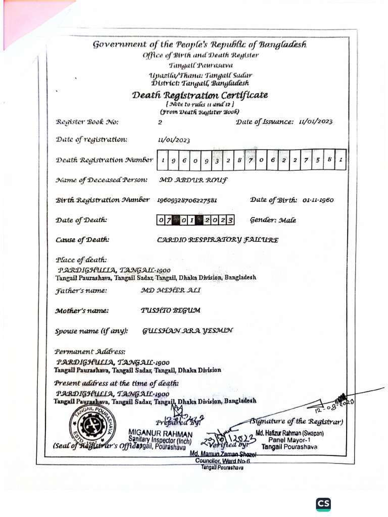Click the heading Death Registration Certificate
pos(200,95)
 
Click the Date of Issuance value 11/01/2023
pos(316,122)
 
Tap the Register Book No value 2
pos(160,122)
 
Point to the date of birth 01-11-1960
pos(318,200)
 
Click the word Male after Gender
pos(286,220)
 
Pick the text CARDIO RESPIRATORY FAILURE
pos(218,240)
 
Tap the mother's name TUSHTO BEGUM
pos(167,311)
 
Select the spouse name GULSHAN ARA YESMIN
pos(188,331)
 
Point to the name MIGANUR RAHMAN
pos(160,433)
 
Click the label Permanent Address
pos(90,351)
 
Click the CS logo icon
pos(323,504)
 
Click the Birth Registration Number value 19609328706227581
pos(187,200)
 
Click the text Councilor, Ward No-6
pos(223,461)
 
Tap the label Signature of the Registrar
pos(297,422)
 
